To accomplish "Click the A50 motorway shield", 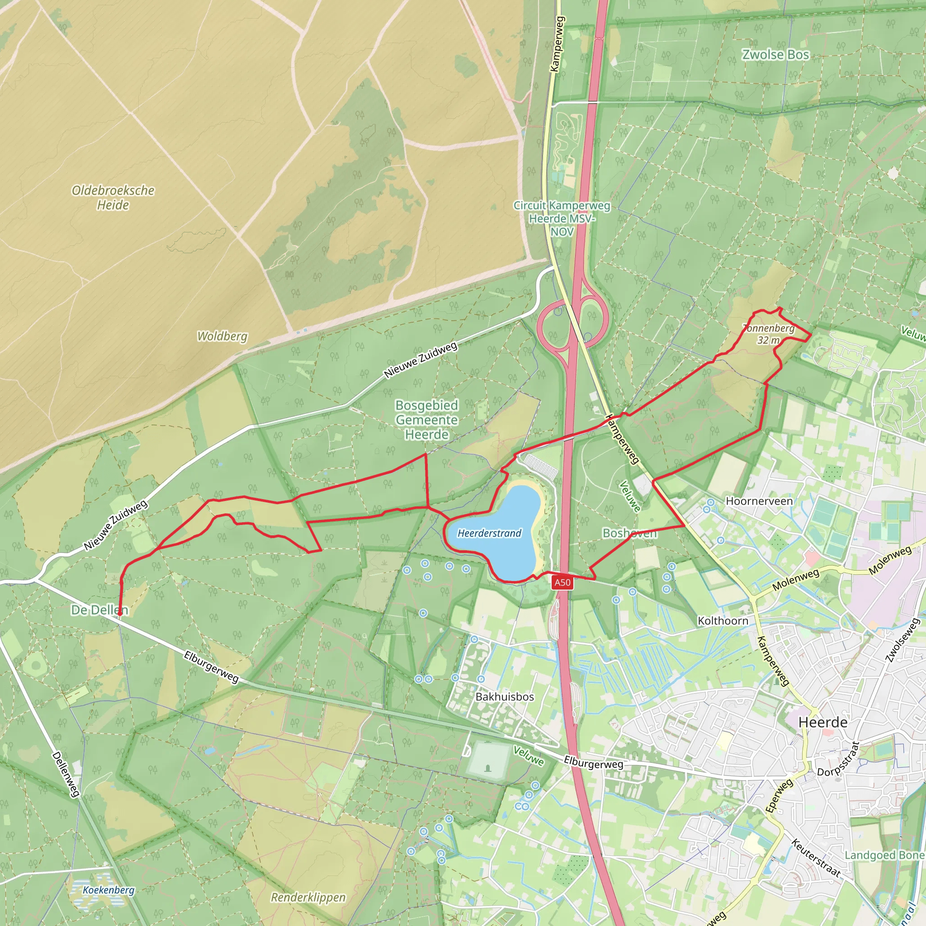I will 562,582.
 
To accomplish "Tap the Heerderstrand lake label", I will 489,533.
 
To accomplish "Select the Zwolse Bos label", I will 775,55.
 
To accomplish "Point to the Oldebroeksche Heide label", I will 113,198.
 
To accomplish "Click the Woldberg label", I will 222,336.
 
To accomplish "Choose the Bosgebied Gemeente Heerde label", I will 426,420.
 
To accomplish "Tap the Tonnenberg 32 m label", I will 769,334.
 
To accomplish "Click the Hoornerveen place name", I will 759,501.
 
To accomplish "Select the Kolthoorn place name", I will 723,621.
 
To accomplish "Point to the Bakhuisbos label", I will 505,696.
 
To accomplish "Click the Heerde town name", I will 823,722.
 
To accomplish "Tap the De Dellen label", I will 99,609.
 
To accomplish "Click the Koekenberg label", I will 109,890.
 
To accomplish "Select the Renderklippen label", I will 308,897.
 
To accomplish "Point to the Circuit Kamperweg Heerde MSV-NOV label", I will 562,218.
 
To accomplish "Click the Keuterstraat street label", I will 816,858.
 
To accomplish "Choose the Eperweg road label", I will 779,796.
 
